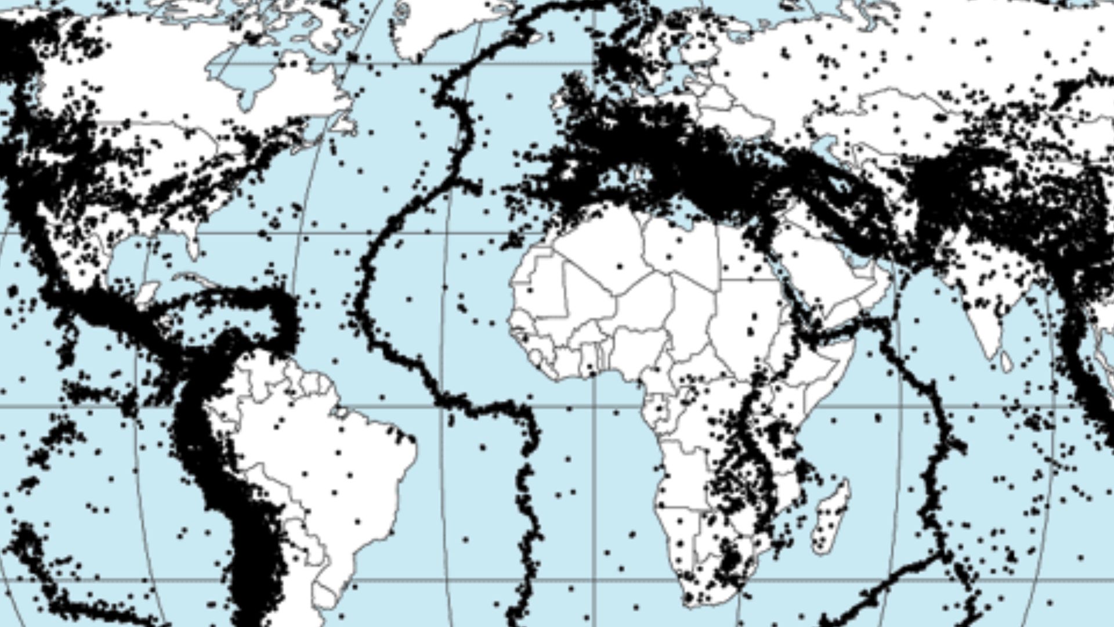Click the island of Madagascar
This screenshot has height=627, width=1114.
pos(831,514)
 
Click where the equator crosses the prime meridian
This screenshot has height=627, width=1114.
pos(593,406)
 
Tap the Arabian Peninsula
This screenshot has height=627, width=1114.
pos(824,273)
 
